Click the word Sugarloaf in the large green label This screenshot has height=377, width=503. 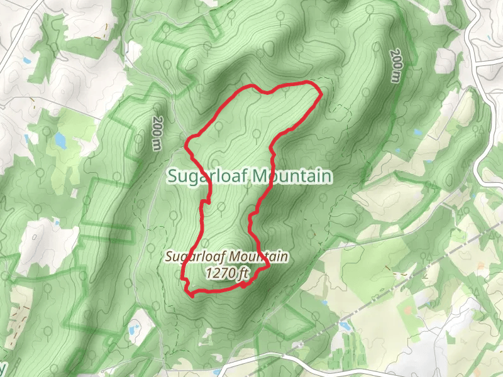pos(207,177)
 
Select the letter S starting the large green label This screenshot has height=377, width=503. pos(173,177)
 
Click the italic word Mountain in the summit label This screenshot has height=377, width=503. pos(260,257)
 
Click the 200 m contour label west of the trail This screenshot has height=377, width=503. pos(157,133)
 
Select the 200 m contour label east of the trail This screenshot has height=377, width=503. pos(395,67)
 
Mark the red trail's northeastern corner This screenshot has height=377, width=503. pos(321,94)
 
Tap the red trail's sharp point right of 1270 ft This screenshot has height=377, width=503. pos(268,266)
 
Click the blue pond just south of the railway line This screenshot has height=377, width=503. pos(345,325)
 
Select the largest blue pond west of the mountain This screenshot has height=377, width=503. pos(60,139)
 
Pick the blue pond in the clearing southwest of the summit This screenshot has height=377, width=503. pos(133,328)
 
